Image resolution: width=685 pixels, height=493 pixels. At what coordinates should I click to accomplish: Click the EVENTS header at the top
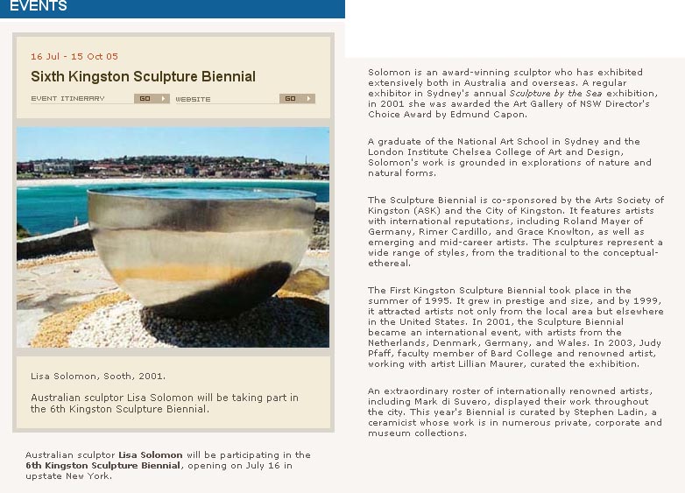point(38,7)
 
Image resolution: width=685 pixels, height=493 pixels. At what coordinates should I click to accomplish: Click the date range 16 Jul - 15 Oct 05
point(74,56)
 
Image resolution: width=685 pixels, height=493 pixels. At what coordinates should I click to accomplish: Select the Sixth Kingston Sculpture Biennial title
point(143,77)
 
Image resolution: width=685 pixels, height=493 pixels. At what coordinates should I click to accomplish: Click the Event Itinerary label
point(67,99)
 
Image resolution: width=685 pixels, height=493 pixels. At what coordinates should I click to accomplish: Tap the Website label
point(193,99)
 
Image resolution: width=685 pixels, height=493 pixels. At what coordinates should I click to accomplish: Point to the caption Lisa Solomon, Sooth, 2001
point(97,376)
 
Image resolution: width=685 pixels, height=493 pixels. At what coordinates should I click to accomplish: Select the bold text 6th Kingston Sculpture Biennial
point(102,466)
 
